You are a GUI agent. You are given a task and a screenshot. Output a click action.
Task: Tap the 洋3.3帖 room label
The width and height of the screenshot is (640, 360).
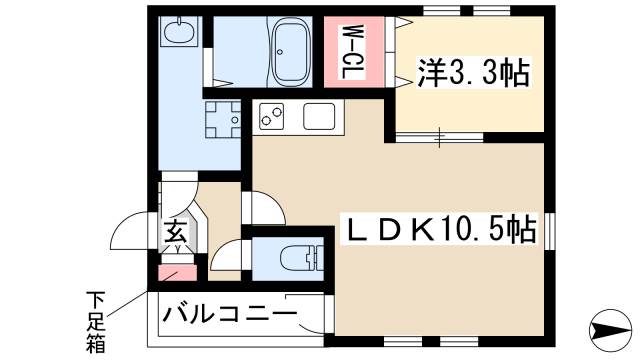point(473,73)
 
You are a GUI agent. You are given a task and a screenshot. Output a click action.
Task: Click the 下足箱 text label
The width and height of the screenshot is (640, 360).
point(96,321)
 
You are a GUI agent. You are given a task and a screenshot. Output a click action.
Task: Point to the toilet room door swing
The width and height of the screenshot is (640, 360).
point(228,255)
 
